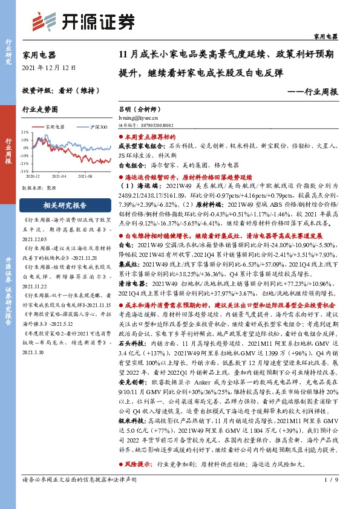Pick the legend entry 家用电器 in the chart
(x=54, y=127)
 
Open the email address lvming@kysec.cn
(x=142, y=118)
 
